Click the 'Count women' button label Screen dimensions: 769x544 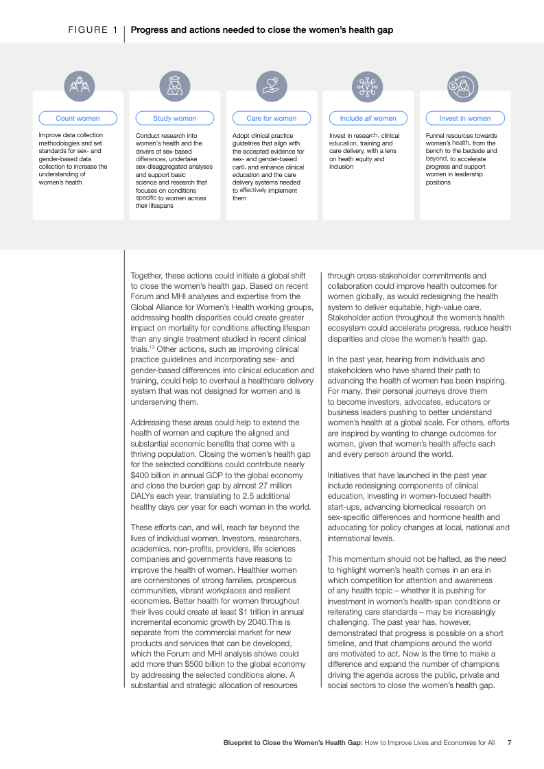coord(78,118)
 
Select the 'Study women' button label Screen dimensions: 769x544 coord(174,118)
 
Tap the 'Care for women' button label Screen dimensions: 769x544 coord(272,118)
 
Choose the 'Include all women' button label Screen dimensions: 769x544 coord(368,118)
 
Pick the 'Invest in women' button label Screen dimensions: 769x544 coord(465,118)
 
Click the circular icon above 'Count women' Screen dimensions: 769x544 coord(80,86)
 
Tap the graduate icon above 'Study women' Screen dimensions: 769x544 coord(175,86)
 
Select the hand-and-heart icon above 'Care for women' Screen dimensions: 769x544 coord(272,86)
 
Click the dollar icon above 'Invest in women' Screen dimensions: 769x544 coord(462,86)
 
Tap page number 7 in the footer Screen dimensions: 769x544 coord(509,742)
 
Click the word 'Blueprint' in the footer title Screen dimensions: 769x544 coord(240,742)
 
